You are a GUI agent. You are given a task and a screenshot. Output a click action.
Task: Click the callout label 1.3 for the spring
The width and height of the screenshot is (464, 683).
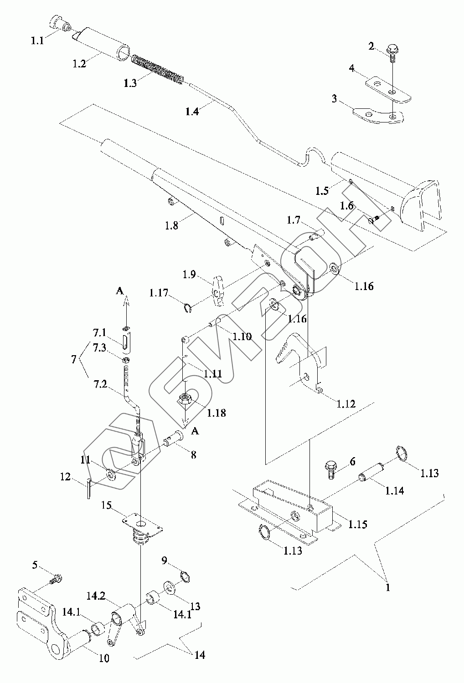tap(130, 83)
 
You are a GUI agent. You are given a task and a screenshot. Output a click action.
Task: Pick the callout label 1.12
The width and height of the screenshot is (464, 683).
tap(346, 404)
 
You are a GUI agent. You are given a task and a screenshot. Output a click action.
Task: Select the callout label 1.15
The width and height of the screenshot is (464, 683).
tap(358, 524)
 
